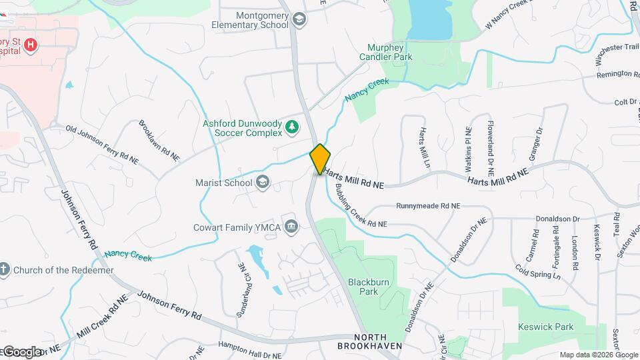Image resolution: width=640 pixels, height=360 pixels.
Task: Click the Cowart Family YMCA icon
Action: [x=291, y=227]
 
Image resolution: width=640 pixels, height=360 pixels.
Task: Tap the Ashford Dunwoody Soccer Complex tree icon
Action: [x=291, y=127]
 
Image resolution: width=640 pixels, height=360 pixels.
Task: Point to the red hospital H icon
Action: [x=29, y=45]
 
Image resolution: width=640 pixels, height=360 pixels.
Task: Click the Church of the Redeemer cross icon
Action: [x=5, y=270]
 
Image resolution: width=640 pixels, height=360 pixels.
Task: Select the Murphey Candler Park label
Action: [x=390, y=53]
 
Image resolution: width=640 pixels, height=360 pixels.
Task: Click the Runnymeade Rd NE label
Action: [x=428, y=206]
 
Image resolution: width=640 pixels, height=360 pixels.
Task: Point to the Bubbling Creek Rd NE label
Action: [x=360, y=203]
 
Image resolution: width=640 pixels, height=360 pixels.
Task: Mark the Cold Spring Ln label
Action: [x=537, y=271]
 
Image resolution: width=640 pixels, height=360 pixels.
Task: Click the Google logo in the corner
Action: [x=21, y=352]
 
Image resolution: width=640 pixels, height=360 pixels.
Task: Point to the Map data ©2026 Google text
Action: [x=598, y=355]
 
